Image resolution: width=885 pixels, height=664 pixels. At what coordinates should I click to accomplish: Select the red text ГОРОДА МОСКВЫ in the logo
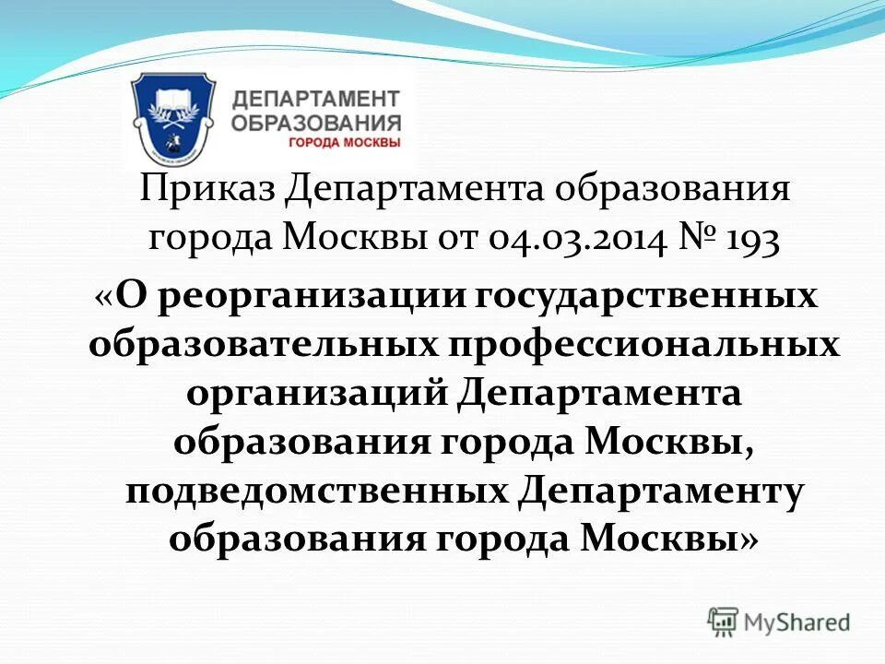click(345, 143)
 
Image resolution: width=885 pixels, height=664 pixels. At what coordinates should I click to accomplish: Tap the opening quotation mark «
click(103, 297)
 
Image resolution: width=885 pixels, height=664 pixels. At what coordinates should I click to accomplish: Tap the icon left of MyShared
click(724, 622)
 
